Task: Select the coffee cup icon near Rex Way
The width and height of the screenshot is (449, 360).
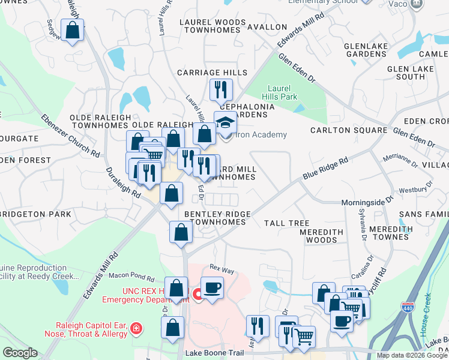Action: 212,287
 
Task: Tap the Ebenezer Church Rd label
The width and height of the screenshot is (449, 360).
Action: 71,136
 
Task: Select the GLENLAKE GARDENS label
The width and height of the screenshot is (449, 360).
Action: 365,50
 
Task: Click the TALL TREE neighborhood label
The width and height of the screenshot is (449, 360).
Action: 287,223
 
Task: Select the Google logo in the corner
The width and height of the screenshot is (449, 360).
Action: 20,353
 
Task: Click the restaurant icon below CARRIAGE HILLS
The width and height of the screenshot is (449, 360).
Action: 221,90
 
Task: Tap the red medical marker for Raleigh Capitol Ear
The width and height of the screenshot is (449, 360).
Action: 136,329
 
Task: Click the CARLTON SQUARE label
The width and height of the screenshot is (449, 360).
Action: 349,130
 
